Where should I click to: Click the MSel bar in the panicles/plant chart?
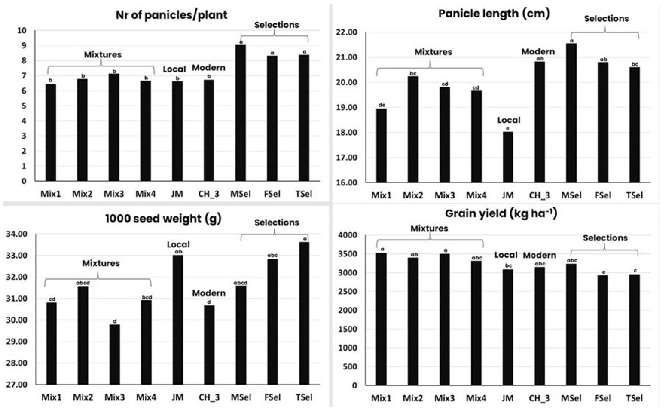tap(241, 113)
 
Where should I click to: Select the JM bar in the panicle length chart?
tap(508, 157)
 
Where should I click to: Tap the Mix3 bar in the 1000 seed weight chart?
tap(115, 354)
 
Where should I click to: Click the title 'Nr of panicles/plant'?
tap(172, 15)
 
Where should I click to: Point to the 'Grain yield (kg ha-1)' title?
tap(501, 213)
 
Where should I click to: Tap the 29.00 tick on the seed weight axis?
tap(17, 341)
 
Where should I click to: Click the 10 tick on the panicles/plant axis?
tap(22, 30)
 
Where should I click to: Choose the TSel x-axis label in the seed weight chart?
tap(304, 397)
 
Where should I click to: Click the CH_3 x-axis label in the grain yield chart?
tap(539, 398)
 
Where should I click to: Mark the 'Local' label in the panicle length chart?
tap(509, 120)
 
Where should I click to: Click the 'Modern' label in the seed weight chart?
tap(209, 293)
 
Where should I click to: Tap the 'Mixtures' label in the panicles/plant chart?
tap(103, 55)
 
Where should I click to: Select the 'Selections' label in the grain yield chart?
tap(605, 238)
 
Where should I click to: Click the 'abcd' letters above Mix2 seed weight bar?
tap(83, 283)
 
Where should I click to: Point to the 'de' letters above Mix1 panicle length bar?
tap(382, 105)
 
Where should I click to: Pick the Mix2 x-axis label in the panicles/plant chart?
tap(82, 194)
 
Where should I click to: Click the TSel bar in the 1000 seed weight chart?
tap(304, 313)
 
